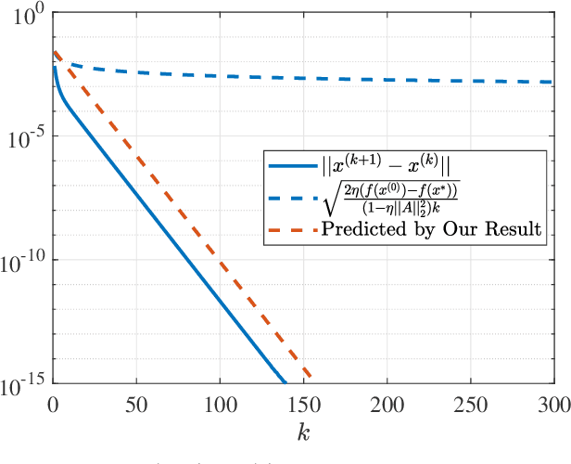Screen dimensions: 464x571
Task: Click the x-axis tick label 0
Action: (x=53, y=406)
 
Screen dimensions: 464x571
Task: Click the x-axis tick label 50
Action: (x=136, y=406)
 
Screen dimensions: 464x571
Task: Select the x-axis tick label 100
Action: (x=220, y=406)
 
